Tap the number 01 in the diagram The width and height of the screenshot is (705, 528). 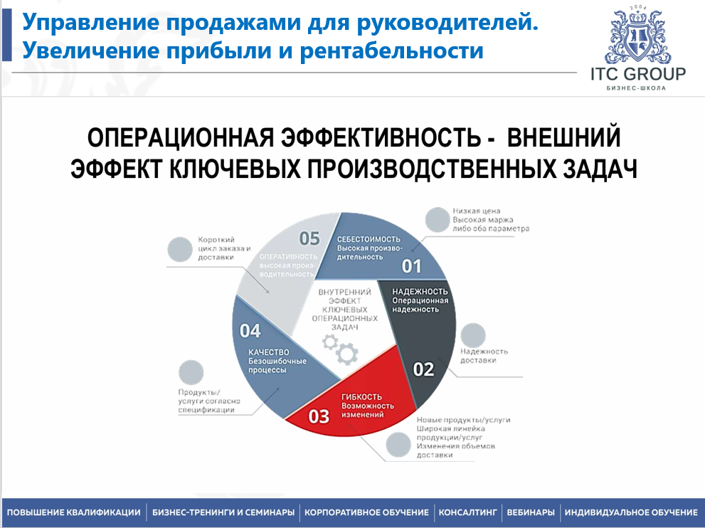pos(411,267)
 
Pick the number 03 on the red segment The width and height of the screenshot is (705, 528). pos(319,416)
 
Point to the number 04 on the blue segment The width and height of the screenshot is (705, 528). pos(250,330)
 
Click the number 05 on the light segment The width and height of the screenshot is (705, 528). pos(309,238)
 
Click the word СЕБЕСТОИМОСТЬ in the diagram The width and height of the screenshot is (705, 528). pos(369,239)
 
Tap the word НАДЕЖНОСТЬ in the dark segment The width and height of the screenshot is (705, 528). pos(420,291)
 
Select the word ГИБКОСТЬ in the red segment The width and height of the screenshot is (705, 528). pos(362,396)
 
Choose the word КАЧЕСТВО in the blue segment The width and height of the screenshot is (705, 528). pos(268,352)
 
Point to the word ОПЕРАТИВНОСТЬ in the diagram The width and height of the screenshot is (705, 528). pos(287,256)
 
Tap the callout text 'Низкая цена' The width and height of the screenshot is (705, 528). pos(477,211)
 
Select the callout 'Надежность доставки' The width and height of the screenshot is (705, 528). pos(484,356)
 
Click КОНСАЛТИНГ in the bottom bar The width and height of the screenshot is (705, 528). pos(467,512)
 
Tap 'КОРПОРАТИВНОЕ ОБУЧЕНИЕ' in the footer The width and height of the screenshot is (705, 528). pos(366,512)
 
